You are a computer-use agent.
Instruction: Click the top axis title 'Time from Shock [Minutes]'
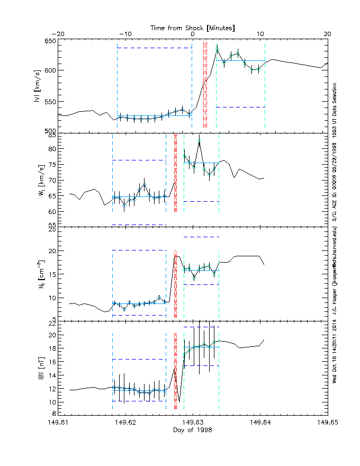(193, 27)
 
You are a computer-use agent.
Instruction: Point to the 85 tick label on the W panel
(52, 136)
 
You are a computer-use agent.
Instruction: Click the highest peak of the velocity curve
(217, 50)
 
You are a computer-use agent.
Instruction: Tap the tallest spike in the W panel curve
(200, 140)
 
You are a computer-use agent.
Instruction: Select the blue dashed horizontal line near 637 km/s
(154, 48)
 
